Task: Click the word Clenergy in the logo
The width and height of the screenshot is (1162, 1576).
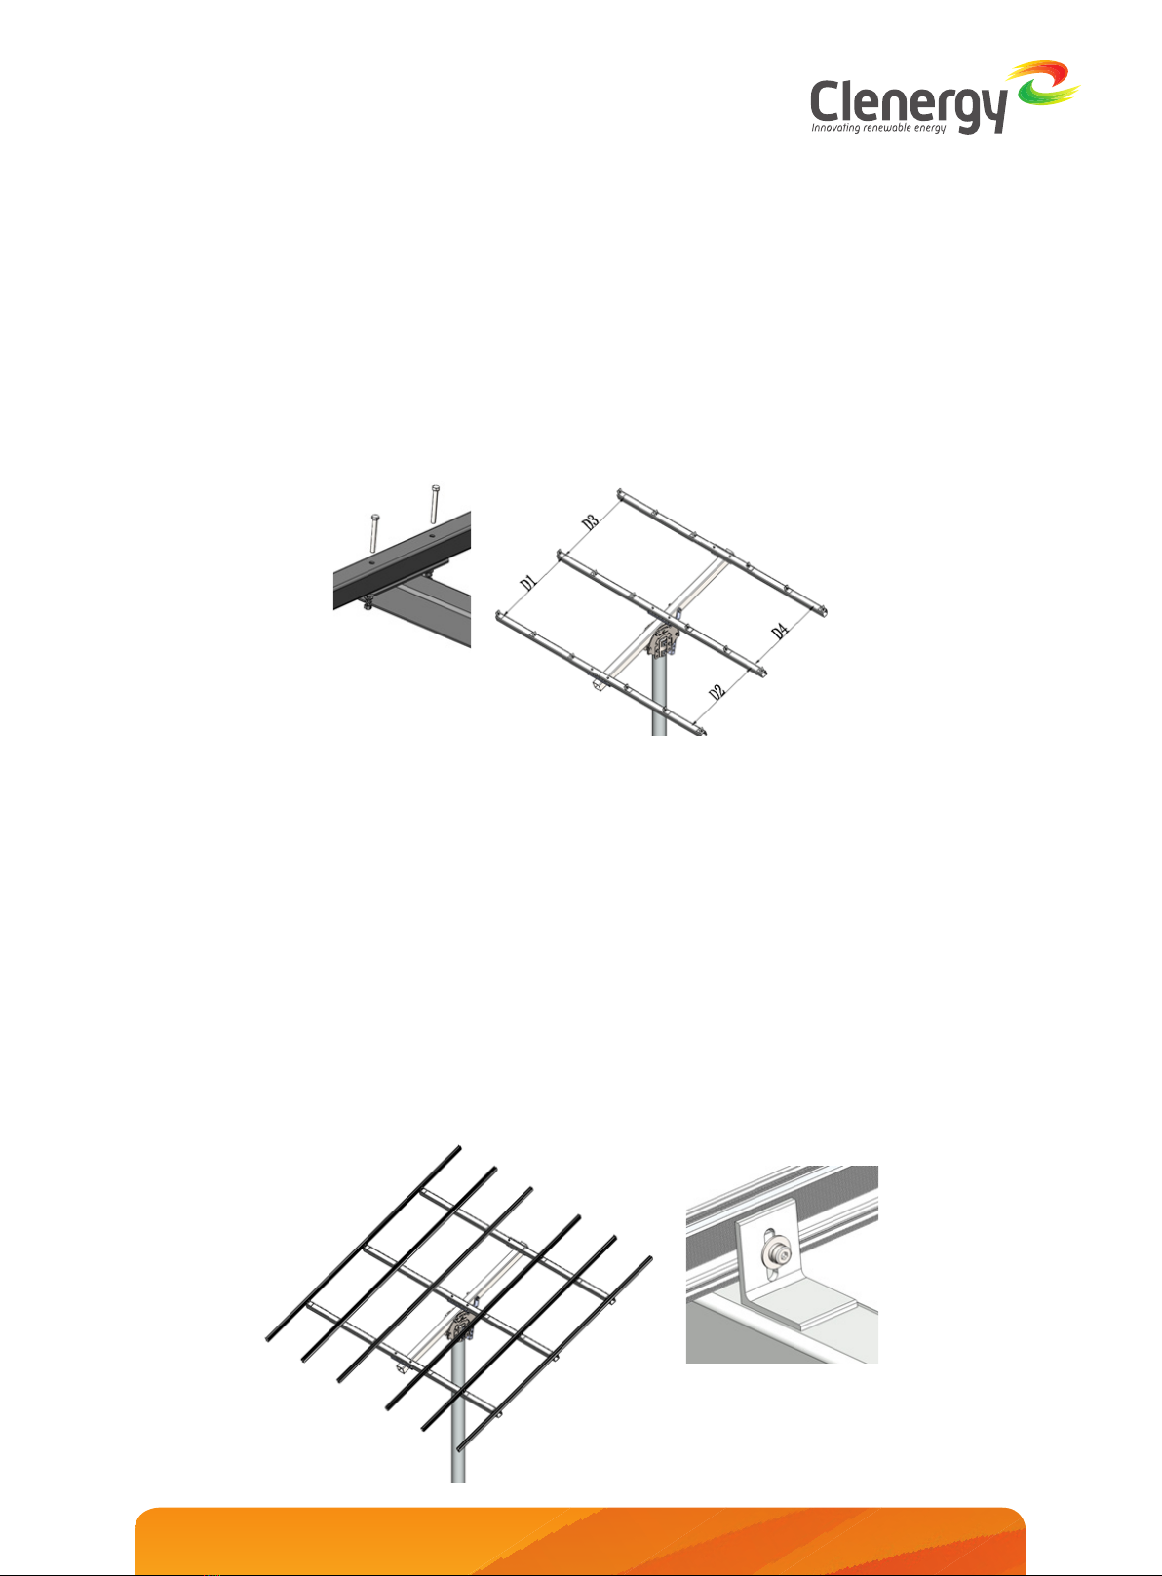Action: click(x=909, y=104)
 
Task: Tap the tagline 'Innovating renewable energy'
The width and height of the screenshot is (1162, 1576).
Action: click(x=878, y=128)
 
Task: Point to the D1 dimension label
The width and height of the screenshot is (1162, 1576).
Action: click(x=528, y=582)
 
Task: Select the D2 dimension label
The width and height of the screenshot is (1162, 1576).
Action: click(x=717, y=692)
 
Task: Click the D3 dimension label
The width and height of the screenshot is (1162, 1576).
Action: click(x=590, y=522)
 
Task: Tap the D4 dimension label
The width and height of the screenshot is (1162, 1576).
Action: click(x=779, y=631)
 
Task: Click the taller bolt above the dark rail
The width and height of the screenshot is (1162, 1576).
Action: click(x=434, y=504)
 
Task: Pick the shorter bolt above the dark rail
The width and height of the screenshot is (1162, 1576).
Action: click(x=373, y=532)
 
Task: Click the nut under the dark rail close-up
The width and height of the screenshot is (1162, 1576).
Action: click(x=368, y=601)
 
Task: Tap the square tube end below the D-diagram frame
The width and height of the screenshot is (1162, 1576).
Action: click(x=599, y=681)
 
